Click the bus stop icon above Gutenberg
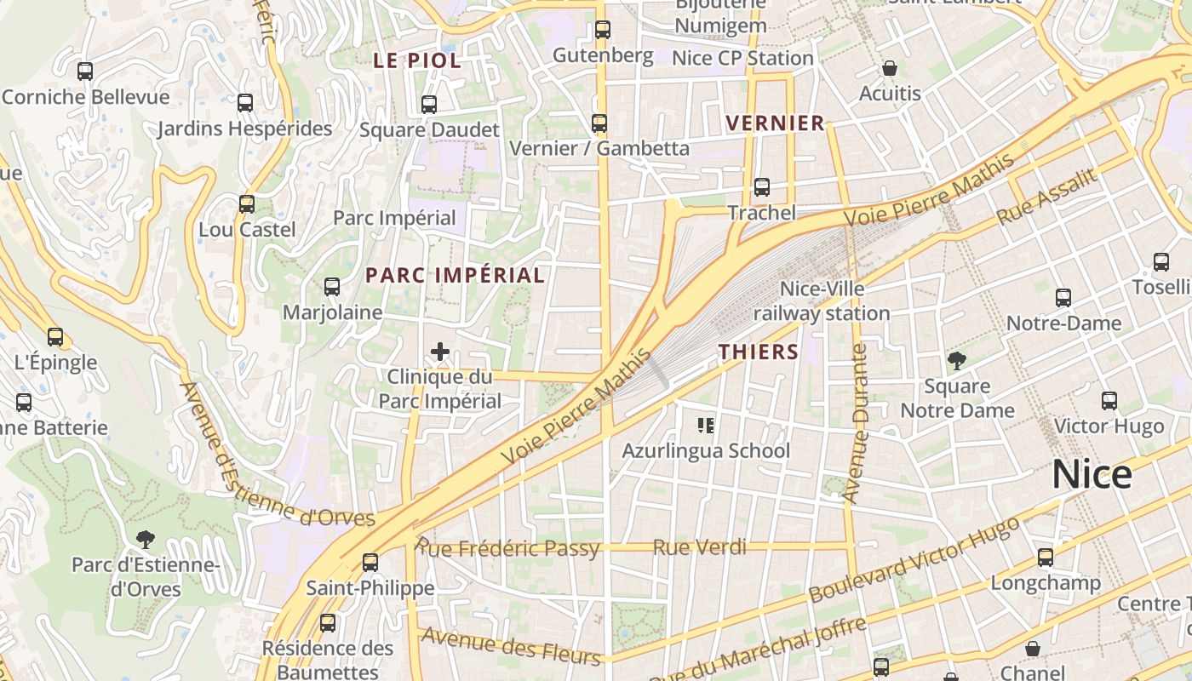coord(603,30)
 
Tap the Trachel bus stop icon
coord(762,187)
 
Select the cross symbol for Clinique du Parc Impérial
coord(440,351)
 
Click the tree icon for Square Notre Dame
coord(957,361)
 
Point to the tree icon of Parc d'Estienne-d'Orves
coord(146,539)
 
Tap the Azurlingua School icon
coord(706,425)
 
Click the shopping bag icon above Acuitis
coord(890,68)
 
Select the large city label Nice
coord(1092,474)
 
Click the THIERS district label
coord(759,352)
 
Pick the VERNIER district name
coord(776,123)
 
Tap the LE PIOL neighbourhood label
coord(417,60)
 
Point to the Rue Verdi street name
coord(699,547)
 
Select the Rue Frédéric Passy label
coord(507,547)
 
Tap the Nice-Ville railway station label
coord(822,301)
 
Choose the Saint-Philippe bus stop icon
coord(370,563)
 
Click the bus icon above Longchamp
coord(1045,558)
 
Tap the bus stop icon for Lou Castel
coord(247,204)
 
